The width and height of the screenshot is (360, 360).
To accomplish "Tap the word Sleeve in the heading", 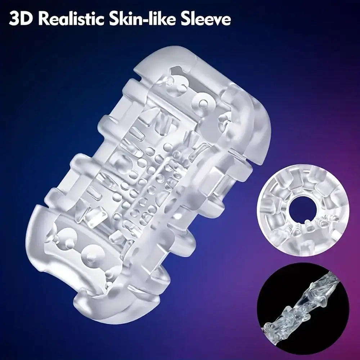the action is [205, 19].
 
